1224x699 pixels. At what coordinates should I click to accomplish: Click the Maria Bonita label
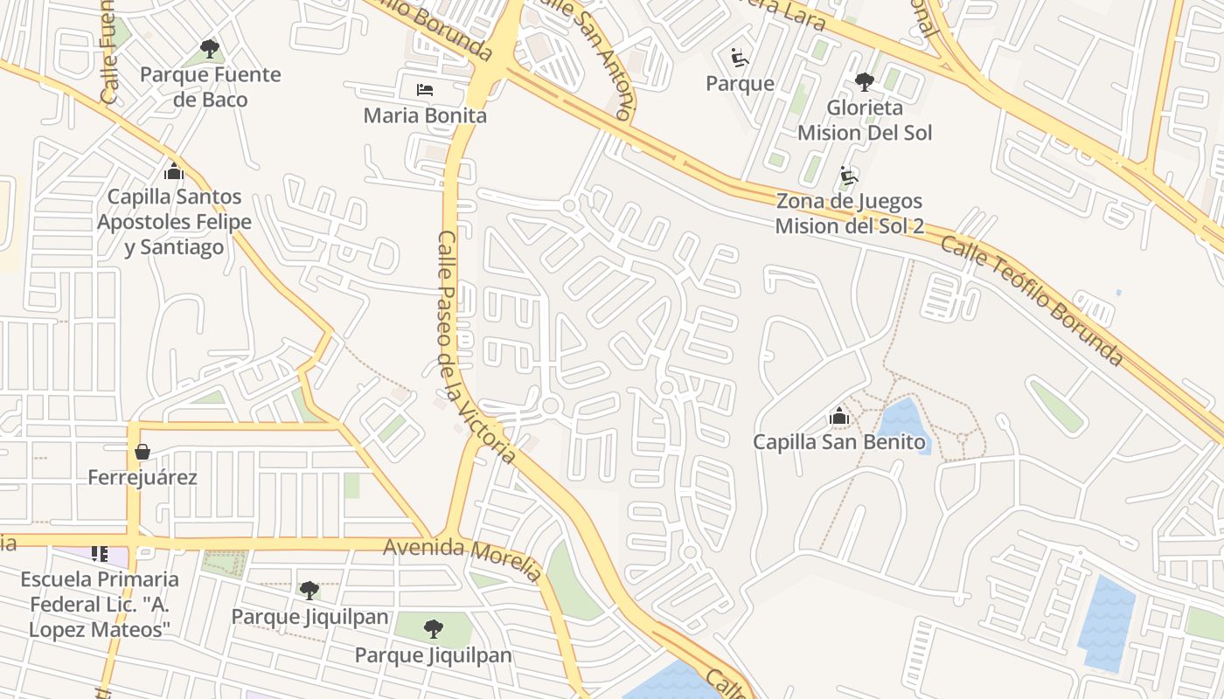click(x=425, y=115)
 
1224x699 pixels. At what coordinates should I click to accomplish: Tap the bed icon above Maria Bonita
click(x=425, y=90)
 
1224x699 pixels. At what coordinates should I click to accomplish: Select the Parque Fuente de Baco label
click(x=211, y=87)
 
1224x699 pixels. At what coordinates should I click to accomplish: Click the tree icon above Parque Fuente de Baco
click(x=209, y=49)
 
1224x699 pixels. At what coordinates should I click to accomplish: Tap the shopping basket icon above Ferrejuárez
click(x=143, y=452)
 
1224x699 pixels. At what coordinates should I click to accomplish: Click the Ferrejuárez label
click(x=143, y=478)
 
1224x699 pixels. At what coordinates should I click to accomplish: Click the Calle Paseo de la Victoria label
click(x=476, y=348)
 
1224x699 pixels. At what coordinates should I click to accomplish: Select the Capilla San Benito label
click(x=839, y=442)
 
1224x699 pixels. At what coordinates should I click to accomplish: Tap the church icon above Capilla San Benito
click(x=839, y=417)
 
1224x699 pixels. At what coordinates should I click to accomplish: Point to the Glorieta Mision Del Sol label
click(x=864, y=121)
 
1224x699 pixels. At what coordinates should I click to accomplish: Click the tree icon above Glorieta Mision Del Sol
click(x=864, y=82)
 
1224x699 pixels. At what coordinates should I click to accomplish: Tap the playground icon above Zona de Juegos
click(x=849, y=176)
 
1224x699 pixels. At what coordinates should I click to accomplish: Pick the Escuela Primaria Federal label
click(x=100, y=604)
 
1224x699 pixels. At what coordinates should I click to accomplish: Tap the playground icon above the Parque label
click(x=740, y=58)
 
